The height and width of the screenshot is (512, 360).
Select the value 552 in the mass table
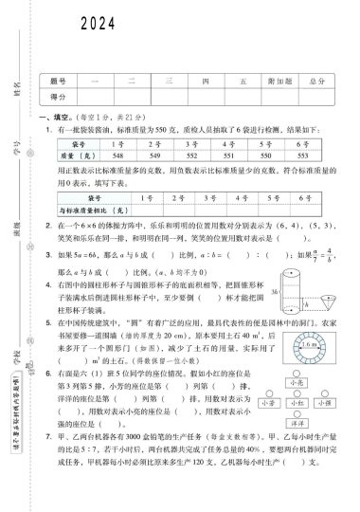[x=220, y=153]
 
